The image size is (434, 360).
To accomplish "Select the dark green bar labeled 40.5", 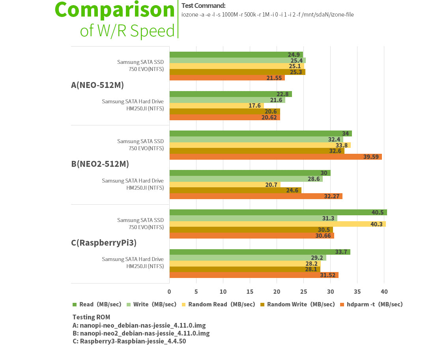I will tap(278, 212).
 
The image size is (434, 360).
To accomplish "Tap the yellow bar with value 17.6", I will tap(217, 106).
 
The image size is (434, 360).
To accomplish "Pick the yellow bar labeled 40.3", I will tap(277, 224).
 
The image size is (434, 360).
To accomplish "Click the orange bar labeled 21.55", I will tap(227, 78).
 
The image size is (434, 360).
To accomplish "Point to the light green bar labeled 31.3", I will tap(253, 218).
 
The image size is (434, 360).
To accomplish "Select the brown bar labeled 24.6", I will tap(235, 190).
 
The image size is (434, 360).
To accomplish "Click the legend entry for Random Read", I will tap(219, 304).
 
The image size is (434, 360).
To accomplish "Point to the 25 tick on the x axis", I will tap(303, 292).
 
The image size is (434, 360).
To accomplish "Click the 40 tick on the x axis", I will tap(384, 292).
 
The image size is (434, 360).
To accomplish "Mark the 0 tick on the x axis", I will tap(169, 292).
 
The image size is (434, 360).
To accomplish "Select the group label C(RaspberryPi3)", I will tap(104, 243).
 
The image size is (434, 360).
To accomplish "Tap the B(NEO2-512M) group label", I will tap(100, 164).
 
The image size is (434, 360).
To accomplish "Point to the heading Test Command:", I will tap(203, 6).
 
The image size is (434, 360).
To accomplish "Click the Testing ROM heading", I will tap(91, 317).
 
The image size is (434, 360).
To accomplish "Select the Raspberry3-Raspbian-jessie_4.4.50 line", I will tap(129, 341).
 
